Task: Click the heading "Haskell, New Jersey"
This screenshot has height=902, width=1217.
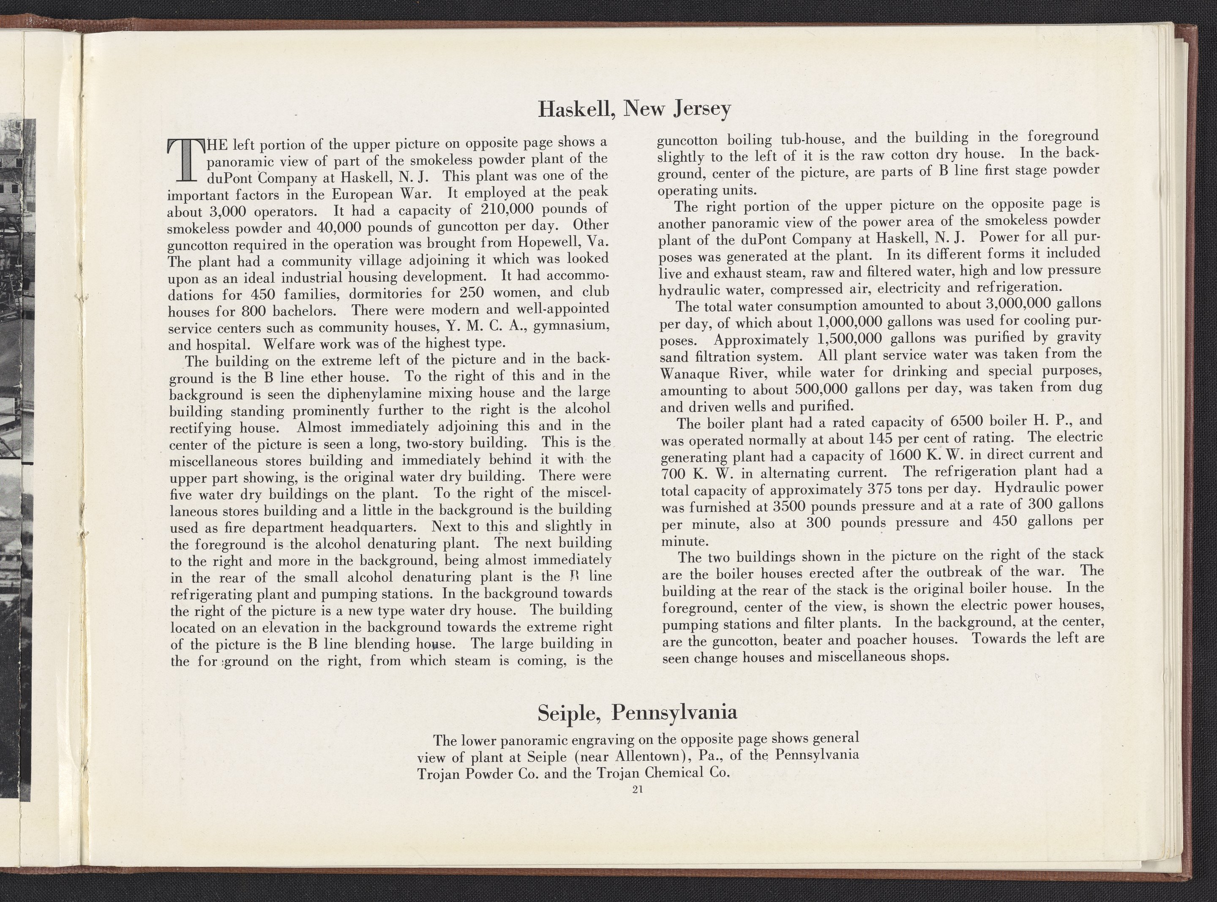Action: (634, 109)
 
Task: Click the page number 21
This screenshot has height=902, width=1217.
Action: (636, 788)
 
